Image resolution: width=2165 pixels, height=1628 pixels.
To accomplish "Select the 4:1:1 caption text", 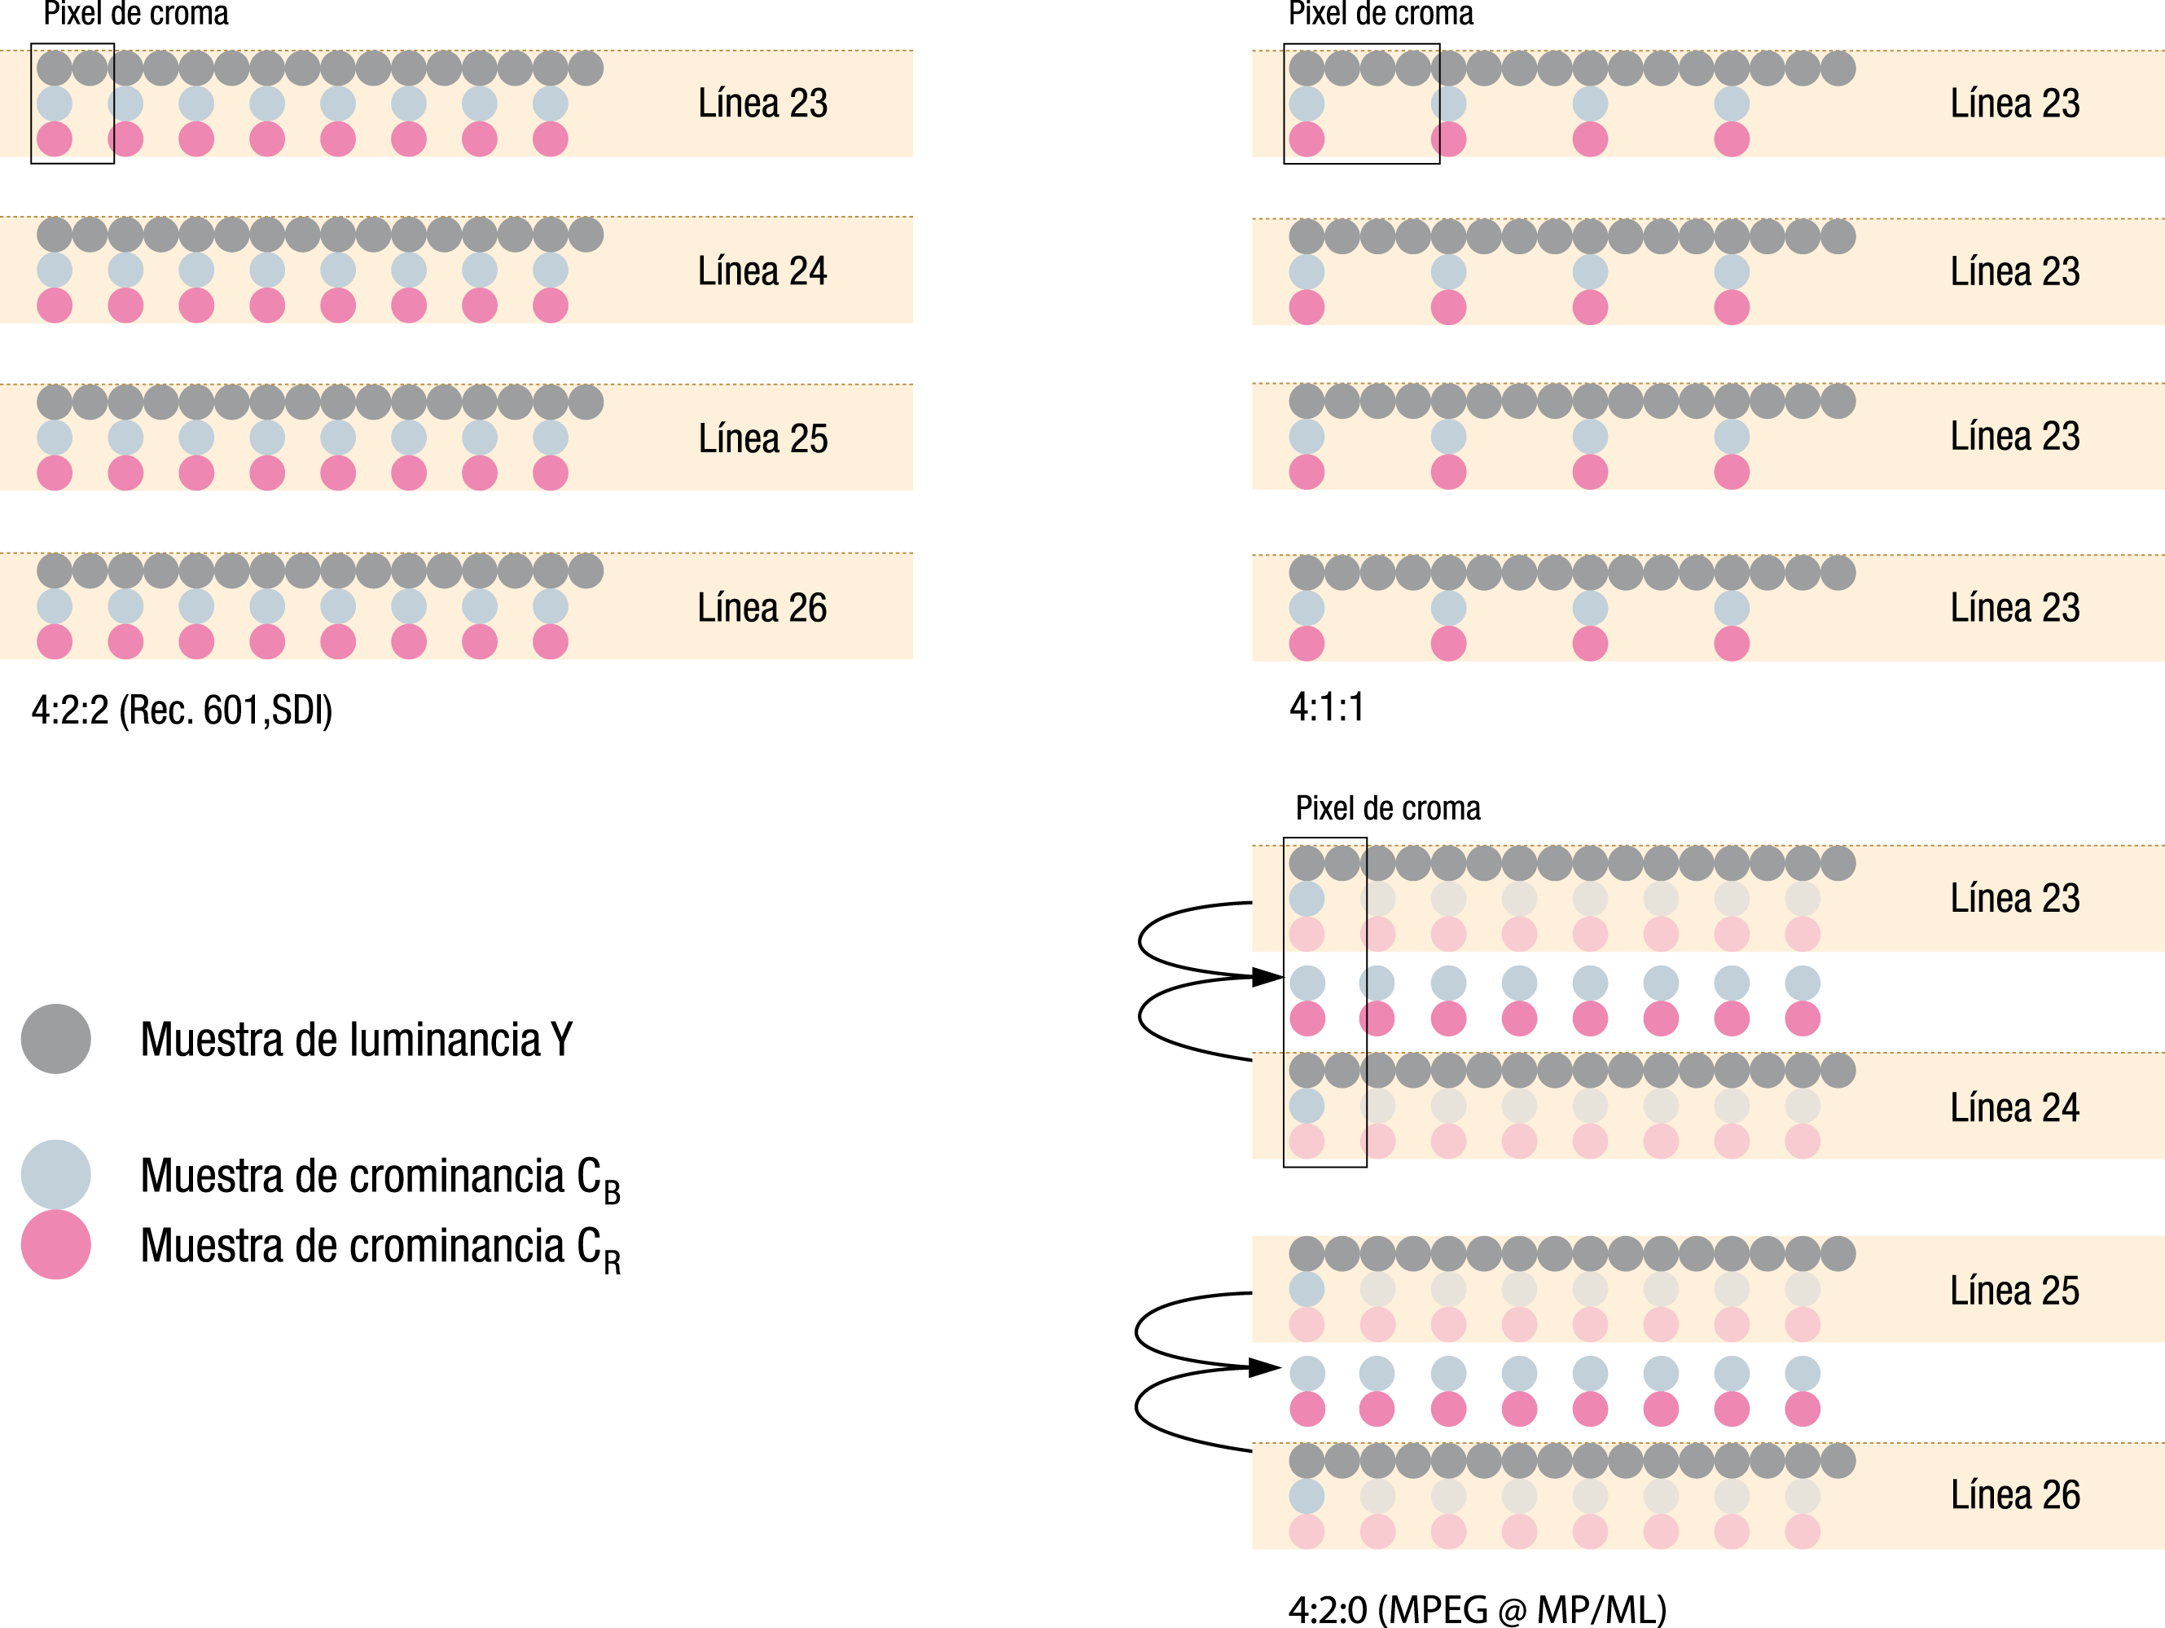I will pos(1326,706).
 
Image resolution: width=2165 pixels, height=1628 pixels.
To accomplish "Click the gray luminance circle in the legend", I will pos(55,1039).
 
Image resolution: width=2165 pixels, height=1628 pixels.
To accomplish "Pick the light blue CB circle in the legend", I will pos(55,1174).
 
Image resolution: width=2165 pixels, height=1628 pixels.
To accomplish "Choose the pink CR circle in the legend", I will pos(55,1244).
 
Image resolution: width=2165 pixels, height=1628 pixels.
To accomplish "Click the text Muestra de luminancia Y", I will pos(356,1040).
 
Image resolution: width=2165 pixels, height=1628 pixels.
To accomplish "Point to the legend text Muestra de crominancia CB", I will pos(380,1177).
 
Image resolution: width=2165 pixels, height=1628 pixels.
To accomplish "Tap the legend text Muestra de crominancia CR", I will pos(380,1248).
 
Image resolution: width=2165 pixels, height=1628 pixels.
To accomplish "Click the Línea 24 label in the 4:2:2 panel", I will pos(762,271).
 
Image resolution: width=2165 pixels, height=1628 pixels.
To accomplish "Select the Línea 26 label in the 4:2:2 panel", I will pos(762,608).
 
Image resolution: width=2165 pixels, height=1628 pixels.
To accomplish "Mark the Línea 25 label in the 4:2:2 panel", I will pos(762,438).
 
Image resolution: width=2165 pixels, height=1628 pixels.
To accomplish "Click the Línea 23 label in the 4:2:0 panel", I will pos(2014,899).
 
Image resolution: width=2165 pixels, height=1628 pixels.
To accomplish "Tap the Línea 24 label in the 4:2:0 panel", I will pos(2014,1108).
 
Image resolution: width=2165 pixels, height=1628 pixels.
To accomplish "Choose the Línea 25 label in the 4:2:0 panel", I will pos(2014,1291).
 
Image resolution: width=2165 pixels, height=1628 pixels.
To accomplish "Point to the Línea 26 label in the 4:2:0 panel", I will pos(2014,1496).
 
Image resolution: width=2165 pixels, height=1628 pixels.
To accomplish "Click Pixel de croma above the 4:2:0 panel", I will pos(1388,808).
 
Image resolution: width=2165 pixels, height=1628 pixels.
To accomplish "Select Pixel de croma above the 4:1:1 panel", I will pos(1380,14).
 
